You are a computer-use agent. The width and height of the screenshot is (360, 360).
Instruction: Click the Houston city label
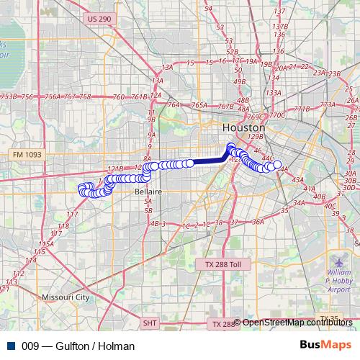pos(244,127)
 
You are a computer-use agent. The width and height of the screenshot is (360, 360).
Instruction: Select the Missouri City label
pos(65,297)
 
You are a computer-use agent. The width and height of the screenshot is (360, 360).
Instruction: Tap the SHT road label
pos(150,324)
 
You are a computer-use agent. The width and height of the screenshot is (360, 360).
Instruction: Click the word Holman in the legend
pos(117,346)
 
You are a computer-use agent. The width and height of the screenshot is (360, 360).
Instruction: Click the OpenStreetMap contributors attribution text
pos(297,323)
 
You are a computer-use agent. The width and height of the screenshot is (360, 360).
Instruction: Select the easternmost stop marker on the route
pos(278,165)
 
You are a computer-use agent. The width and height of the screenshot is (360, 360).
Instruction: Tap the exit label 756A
pos(52,96)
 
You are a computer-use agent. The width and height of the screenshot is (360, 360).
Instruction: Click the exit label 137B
pos(280,34)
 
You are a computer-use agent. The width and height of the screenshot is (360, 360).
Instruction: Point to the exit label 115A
pos(47,244)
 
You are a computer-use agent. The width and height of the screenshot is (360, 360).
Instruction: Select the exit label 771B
pos(302,109)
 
